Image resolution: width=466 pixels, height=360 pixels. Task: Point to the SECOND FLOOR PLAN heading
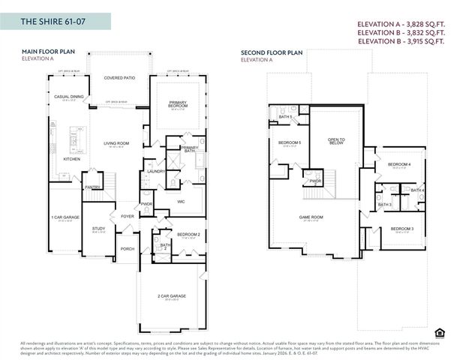click(x=271, y=52)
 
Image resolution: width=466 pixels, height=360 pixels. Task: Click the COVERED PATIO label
click(x=119, y=77)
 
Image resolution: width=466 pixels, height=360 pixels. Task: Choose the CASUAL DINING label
click(x=68, y=97)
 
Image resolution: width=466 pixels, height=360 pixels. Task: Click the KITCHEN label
click(x=71, y=159)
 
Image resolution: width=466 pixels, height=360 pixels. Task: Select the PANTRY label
click(x=92, y=187)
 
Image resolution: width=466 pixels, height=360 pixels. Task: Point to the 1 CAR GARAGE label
click(x=65, y=217)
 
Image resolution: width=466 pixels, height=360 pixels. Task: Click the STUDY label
click(x=98, y=229)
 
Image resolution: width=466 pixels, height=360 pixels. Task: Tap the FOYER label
click(x=128, y=217)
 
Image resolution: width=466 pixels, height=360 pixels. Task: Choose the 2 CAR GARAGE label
click(x=172, y=296)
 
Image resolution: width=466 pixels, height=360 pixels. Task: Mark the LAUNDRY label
click(x=156, y=171)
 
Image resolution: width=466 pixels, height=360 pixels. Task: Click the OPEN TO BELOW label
click(x=335, y=140)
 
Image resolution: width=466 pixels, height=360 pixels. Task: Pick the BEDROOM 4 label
click(x=398, y=164)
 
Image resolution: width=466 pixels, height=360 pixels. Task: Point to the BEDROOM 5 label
click(x=290, y=142)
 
